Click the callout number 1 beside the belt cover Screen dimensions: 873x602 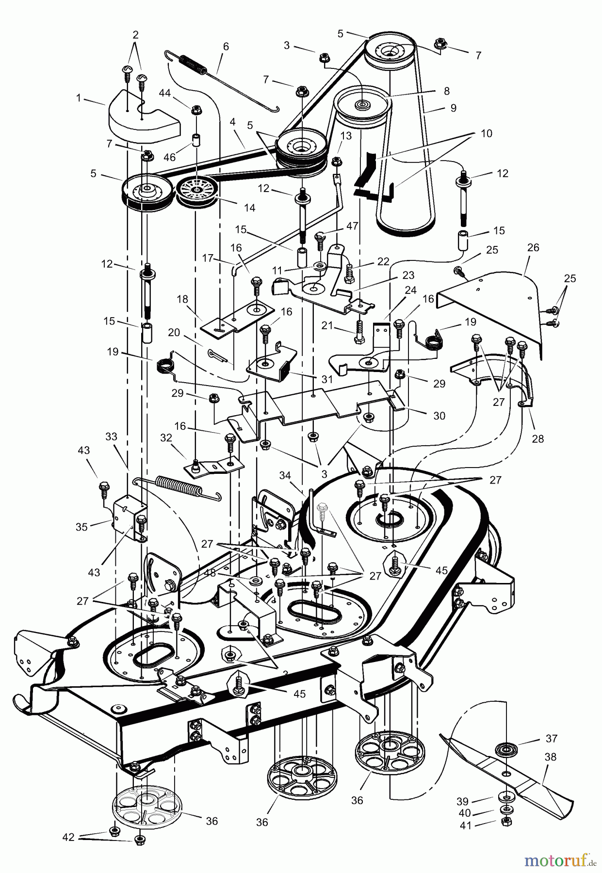click(79, 97)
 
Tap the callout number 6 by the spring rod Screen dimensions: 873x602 click(226, 47)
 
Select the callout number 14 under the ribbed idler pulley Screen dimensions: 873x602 click(249, 208)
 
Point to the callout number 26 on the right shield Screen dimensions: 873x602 click(533, 248)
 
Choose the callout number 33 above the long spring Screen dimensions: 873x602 click(112, 436)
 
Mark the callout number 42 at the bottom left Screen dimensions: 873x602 click(68, 837)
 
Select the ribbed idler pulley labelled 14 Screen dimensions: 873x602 click(196, 192)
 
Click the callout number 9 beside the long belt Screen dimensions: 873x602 click(453, 108)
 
